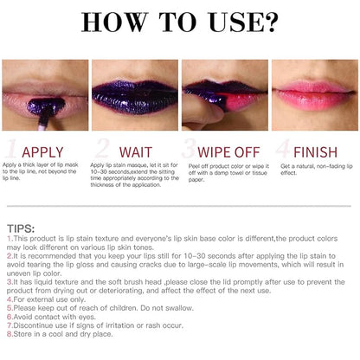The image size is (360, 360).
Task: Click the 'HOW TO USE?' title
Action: click(x=179, y=22)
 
